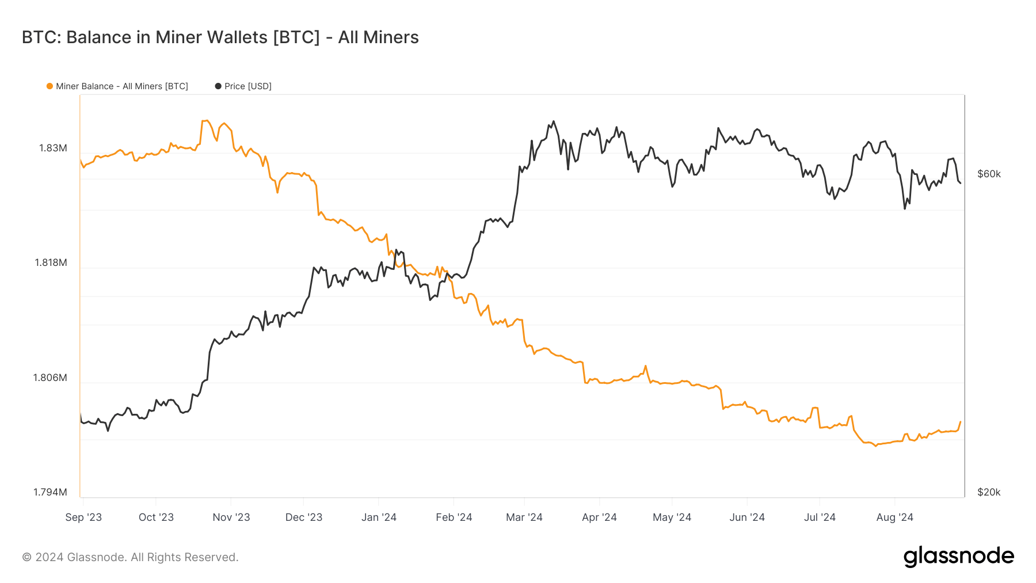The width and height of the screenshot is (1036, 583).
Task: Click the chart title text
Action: click(x=220, y=37)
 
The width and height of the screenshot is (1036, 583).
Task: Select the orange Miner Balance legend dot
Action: click(x=49, y=86)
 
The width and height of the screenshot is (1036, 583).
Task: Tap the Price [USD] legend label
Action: click(x=247, y=86)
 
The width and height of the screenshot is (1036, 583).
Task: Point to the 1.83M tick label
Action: click(x=53, y=148)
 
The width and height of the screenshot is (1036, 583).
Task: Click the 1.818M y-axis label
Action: click(x=51, y=262)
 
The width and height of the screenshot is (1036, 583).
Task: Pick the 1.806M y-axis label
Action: click(x=50, y=378)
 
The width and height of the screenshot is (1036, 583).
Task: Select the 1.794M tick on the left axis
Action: click(x=50, y=492)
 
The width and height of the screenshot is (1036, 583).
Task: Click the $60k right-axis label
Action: click(x=989, y=174)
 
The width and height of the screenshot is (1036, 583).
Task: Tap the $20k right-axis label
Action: click(x=989, y=492)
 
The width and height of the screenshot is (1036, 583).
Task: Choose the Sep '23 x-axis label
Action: click(x=83, y=517)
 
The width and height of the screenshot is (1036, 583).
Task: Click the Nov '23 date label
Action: click(x=231, y=517)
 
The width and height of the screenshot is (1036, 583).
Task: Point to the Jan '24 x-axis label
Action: click(x=379, y=517)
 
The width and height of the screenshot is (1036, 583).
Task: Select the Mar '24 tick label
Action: click(x=524, y=517)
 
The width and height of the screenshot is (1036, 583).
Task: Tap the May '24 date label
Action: click(x=672, y=517)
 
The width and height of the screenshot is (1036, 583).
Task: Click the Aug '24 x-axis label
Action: click(x=894, y=517)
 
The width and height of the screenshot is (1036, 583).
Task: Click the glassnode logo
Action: click(x=958, y=557)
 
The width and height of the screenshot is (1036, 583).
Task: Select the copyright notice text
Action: click(x=130, y=557)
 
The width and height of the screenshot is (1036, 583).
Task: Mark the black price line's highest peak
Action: click(x=554, y=121)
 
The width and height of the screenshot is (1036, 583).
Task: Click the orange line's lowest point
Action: click(x=876, y=445)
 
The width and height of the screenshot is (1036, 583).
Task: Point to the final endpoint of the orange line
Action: click(x=960, y=422)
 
